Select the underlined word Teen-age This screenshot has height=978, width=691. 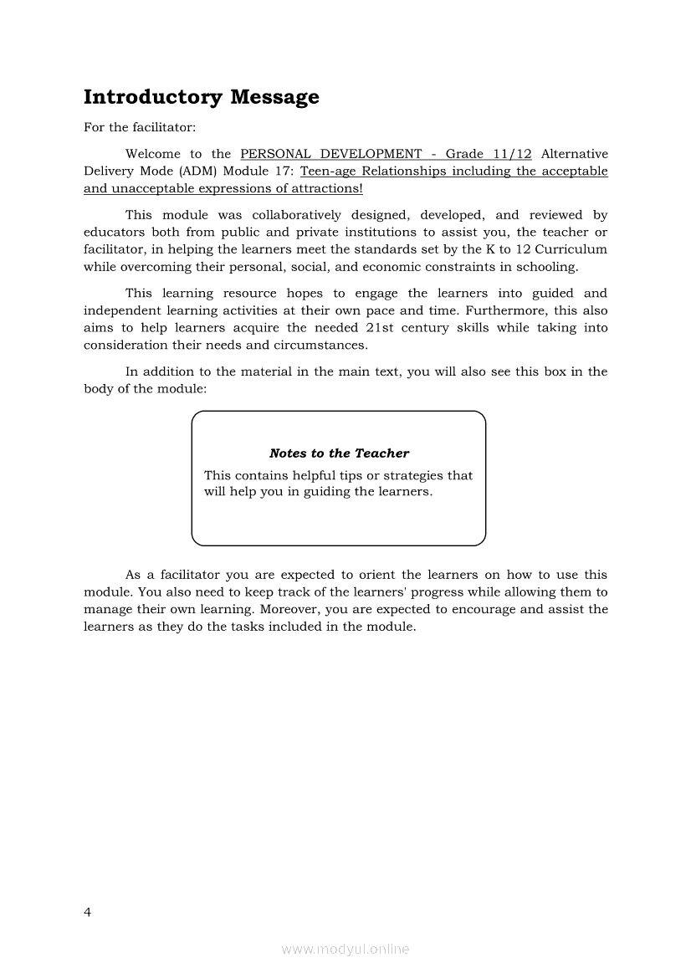coord(327,172)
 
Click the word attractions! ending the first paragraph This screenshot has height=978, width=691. coord(325,189)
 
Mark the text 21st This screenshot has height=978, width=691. coord(381,328)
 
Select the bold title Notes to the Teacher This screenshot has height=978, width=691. coord(339,453)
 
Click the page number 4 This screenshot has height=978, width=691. coord(88,912)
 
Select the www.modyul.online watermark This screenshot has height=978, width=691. coord(345,950)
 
